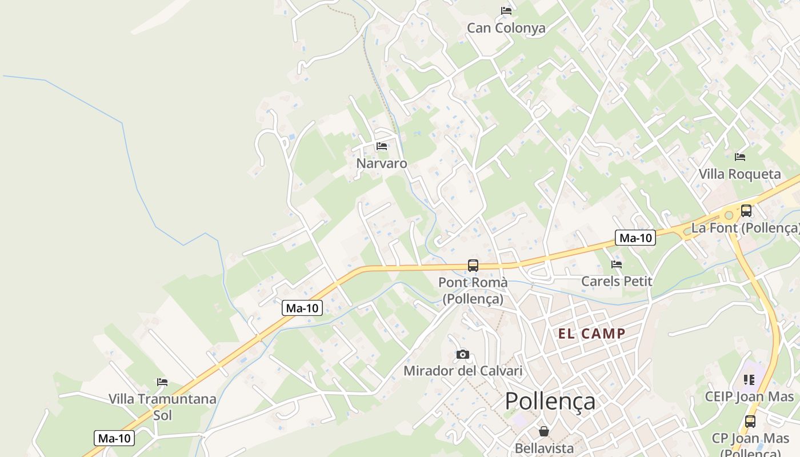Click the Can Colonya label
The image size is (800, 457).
click(x=506, y=28)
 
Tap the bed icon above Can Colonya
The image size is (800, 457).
click(x=506, y=10)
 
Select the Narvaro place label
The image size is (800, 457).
click(x=382, y=163)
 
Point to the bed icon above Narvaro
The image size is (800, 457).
click(x=382, y=146)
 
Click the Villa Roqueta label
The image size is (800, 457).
click(x=739, y=174)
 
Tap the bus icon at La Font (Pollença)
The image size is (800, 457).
click(x=746, y=210)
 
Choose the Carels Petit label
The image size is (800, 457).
click(x=617, y=281)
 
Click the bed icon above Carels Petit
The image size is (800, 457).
click(x=616, y=264)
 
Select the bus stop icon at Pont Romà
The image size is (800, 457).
click(x=473, y=265)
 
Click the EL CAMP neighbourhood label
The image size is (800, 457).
click(x=591, y=334)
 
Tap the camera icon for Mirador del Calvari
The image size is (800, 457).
click(x=463, y=354)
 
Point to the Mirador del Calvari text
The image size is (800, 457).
click(x=463, y=371)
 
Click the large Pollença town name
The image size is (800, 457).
click(x=550, y=401)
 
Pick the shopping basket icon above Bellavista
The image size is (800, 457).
click(x=543, y=431)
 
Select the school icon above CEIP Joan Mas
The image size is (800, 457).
click(x=749, y=379)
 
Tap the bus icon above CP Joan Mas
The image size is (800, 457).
click(x=750, y=422)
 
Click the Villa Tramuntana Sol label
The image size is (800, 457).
click(x=162, y=406)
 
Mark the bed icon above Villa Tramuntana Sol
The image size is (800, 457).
click(x=162, y=382)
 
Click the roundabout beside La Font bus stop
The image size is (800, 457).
click(x=728, y=215)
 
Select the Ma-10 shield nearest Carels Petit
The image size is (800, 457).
click(x=635, y=238)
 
